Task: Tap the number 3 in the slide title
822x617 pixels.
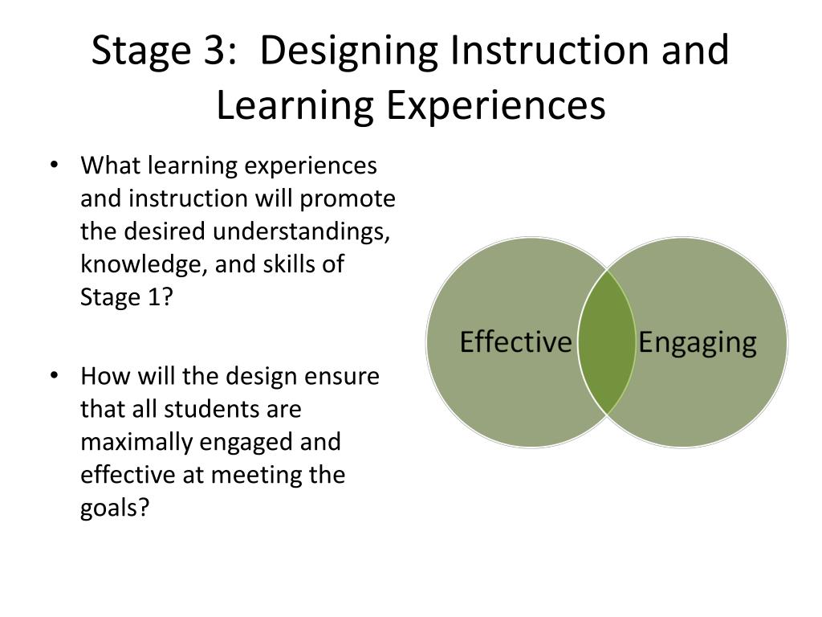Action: (210, 51)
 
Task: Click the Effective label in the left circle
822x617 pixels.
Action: (515, 342)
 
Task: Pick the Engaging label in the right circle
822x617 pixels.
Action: (697, 342)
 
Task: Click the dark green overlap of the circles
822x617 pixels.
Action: (607, 342)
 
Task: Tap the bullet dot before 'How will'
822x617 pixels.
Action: (54, 377)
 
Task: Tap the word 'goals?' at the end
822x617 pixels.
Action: (115, 509)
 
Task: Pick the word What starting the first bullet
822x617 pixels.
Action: (108, 166)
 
